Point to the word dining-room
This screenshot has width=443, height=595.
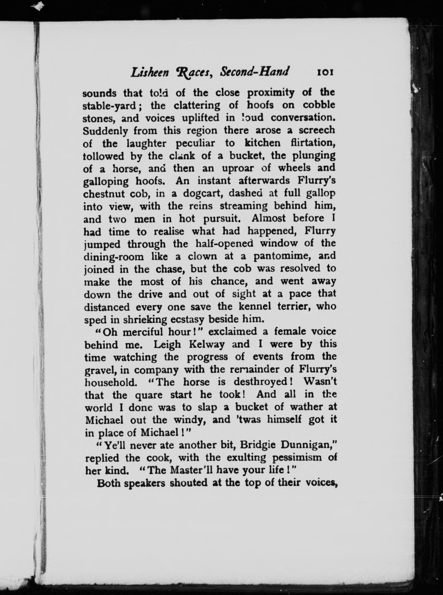(114, 257)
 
